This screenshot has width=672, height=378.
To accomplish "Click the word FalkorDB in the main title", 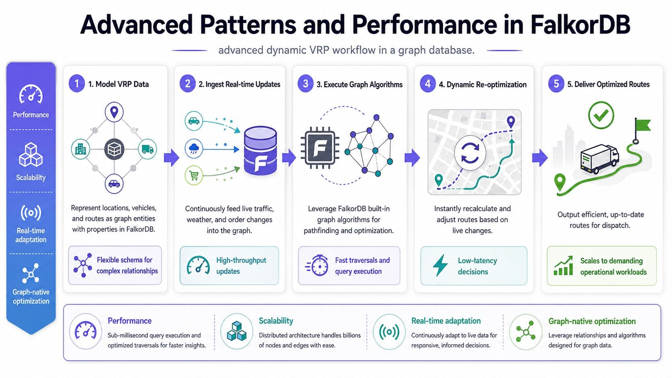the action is pyautogui.click(x=580, y=25).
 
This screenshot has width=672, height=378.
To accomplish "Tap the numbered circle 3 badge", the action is pyautogui.click(x=305, y=84).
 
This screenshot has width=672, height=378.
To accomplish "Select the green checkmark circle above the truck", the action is pyautogui.click(x=601, y=115).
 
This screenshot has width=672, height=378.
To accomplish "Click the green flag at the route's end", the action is pyautogui.click(x=642, y=126).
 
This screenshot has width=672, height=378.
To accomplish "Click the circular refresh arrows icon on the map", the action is pyautogui.click(x=470, y=153).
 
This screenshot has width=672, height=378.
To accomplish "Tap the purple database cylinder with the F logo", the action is pyautogui.click(x=260, y=151).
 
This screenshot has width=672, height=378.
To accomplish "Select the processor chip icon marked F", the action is pyautogui.click(x=320, y=147).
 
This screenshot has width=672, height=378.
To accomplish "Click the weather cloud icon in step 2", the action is pyautogui.click(x=194, y=148).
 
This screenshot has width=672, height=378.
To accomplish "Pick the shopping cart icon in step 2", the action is pyautogui.click(x=194, y=176).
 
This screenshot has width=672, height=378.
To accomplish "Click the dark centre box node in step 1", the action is pyautogui.click(x=114, y=149).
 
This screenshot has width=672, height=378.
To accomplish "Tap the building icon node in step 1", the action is pyautogui.click(x=80, y=149).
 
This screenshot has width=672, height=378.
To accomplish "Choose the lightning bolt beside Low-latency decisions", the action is pyautogui.click(x=440, y=266).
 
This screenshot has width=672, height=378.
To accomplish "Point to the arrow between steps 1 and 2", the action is pyautogui.click(x=171, y=157).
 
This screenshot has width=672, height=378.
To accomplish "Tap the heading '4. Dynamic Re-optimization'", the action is pyautogui.click(x=482, y=84).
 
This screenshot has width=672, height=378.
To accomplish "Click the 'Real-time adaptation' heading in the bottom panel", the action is pyautogui.click(x=446, y=321).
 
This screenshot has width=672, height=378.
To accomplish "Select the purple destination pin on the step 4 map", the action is pyautogui.click(x=510, y=121).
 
